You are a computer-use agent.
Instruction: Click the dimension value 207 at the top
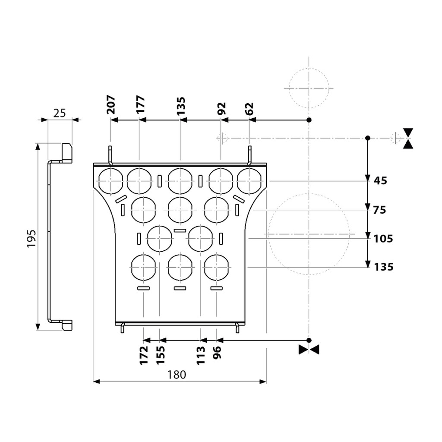(111, 105)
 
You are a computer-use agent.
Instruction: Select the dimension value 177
(140, 104)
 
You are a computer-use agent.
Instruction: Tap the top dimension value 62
(249, 108)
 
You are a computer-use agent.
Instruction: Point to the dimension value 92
(221, 108)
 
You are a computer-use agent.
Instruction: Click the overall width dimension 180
(177, 375)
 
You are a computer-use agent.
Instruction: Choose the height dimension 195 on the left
(32, 238)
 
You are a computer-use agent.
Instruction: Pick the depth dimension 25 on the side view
(60, 113)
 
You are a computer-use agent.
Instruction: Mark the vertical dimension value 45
(380, 180)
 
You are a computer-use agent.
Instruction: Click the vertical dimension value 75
(379, 210)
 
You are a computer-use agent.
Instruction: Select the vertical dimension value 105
(383, 239)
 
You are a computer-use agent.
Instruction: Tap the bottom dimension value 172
(144, 355)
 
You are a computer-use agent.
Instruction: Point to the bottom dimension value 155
(161, 355)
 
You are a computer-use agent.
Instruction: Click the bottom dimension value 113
(201, 355)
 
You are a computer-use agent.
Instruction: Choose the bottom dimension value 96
(217, 352)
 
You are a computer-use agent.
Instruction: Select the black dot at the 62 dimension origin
(309, 120)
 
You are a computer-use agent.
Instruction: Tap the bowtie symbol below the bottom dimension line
(309, 350)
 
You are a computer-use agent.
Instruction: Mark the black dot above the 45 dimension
(368, 138)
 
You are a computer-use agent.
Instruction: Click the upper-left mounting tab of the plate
(110, 155)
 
